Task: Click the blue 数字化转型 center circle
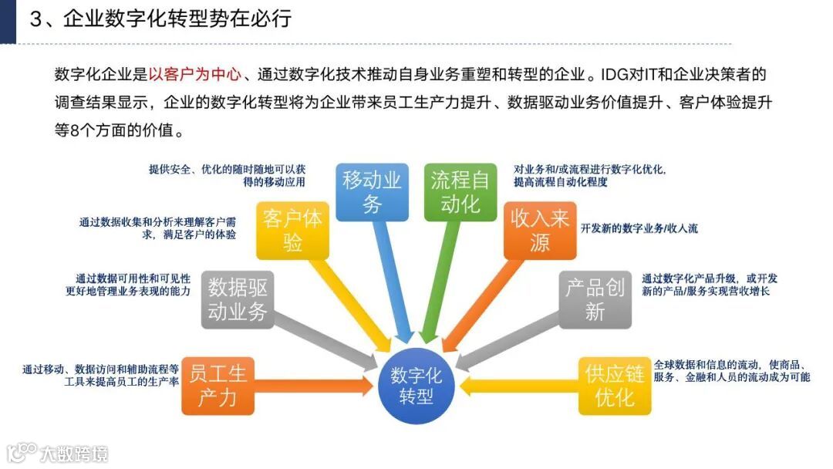click(416, 385)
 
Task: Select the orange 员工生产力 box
click(218, 386)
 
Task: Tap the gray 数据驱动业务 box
click(238, 300)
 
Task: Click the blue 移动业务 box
click(373, 192)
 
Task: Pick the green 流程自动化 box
click(460, 192)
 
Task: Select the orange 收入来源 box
click(540, 231)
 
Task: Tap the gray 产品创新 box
click(595, 300)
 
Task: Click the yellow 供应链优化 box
click(615, 386)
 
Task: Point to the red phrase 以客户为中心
click(196, 75)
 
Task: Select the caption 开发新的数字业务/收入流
click(639, 228)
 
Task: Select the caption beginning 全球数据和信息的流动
click(732, 370)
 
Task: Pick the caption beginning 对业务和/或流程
click(590, 175)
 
